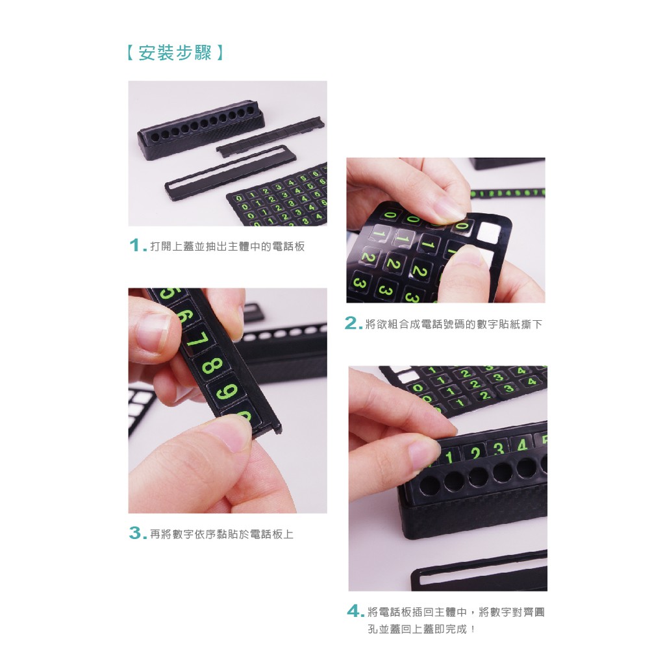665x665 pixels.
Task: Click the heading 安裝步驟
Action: click(x=175, y=53)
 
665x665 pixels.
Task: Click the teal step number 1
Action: click(x=136, y=245)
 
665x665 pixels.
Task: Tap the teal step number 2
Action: click(x=351, y=323)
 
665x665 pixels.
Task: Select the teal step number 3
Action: click(x=136, y=533)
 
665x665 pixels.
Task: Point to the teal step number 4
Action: click(x=354, y=611)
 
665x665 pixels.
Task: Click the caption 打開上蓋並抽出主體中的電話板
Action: click(x=228, y=246)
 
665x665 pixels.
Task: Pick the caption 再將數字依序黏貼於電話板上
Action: click(x=222, y=534)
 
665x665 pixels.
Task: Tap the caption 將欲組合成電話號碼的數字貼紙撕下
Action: click(x=454, y=325)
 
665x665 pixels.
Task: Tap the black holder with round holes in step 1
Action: click(x=201, y=129)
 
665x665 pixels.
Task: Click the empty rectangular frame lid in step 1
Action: click(x=231, y=173)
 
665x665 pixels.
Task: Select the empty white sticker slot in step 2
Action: click(x=488, y=232)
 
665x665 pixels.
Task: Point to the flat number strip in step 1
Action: click(x=271, y=136)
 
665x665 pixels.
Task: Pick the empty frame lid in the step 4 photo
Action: click(x=479, y=571)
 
